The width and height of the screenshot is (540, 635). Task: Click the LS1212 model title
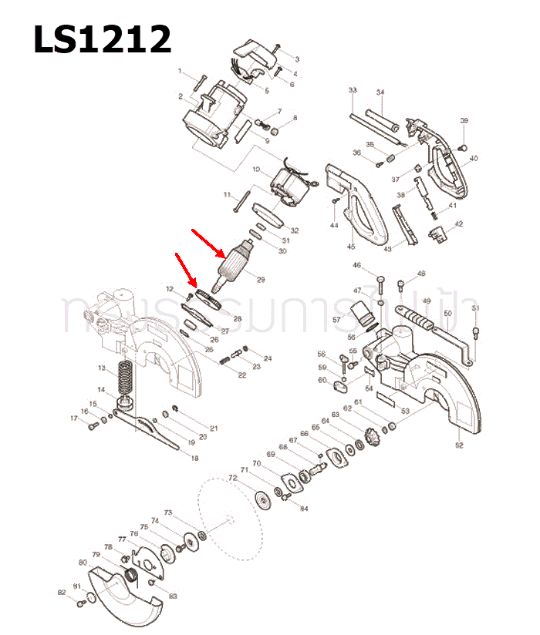point(102,38)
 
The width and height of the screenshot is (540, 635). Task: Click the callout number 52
point(459,445)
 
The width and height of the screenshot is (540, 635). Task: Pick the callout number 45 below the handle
point(351,247)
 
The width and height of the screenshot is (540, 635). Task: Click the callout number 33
point(353,91)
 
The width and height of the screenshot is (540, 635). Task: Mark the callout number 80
point(83,563)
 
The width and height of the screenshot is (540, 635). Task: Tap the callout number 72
point(232,479)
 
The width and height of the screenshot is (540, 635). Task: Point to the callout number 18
point(194,459)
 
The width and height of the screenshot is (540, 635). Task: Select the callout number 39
point(464,121)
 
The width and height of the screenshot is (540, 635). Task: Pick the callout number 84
point(303,508)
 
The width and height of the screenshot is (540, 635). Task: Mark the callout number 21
point(214,428)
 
